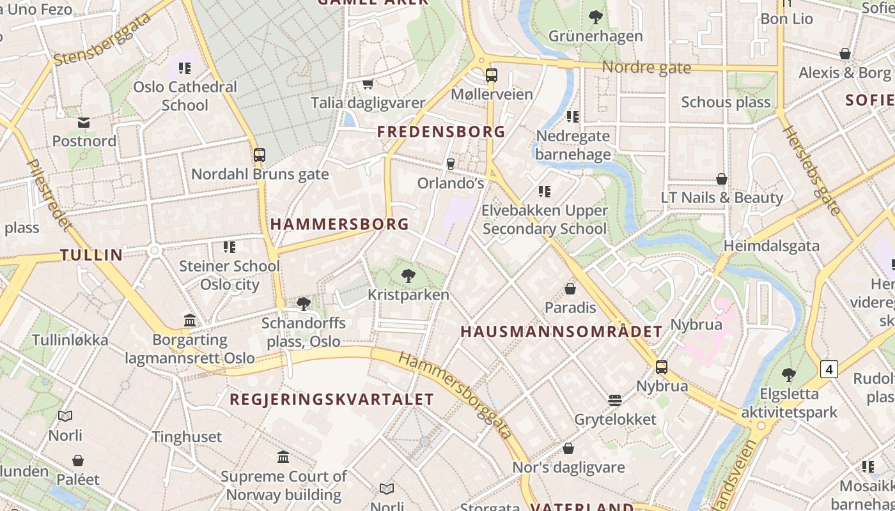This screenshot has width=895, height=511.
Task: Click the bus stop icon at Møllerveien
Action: pos(491,75)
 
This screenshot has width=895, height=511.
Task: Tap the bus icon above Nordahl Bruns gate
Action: pos(259,155)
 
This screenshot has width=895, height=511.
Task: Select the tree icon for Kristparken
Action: pos(408,276)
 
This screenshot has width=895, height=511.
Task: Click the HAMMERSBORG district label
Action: pos(339,224)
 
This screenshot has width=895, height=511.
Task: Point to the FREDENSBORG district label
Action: pos(441,132)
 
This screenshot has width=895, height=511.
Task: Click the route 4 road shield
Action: pos(829,369)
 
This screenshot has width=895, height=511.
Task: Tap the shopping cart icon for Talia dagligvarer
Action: pos(368,84)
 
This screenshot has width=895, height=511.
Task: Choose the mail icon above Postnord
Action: pos(84,123)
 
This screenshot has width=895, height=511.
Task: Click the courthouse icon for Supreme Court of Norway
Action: pos(283,457)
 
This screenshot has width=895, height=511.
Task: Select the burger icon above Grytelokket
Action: pos(615,400)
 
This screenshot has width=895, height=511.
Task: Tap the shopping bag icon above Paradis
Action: pos(570,289)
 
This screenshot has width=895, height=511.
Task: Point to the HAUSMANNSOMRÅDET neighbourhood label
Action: pos(561,332)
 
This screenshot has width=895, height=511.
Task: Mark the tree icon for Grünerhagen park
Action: pos(595,17)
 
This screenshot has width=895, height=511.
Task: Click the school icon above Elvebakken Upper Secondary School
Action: pos(545,192)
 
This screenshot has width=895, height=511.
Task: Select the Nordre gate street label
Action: pos(646,68)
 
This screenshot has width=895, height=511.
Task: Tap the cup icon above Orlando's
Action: pos(450,164)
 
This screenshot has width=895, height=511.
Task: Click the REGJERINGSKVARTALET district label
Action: pos(332,400)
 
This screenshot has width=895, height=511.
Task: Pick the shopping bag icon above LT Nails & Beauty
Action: pos(722,179)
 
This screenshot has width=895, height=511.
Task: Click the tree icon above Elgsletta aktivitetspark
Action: pos(788,375)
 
